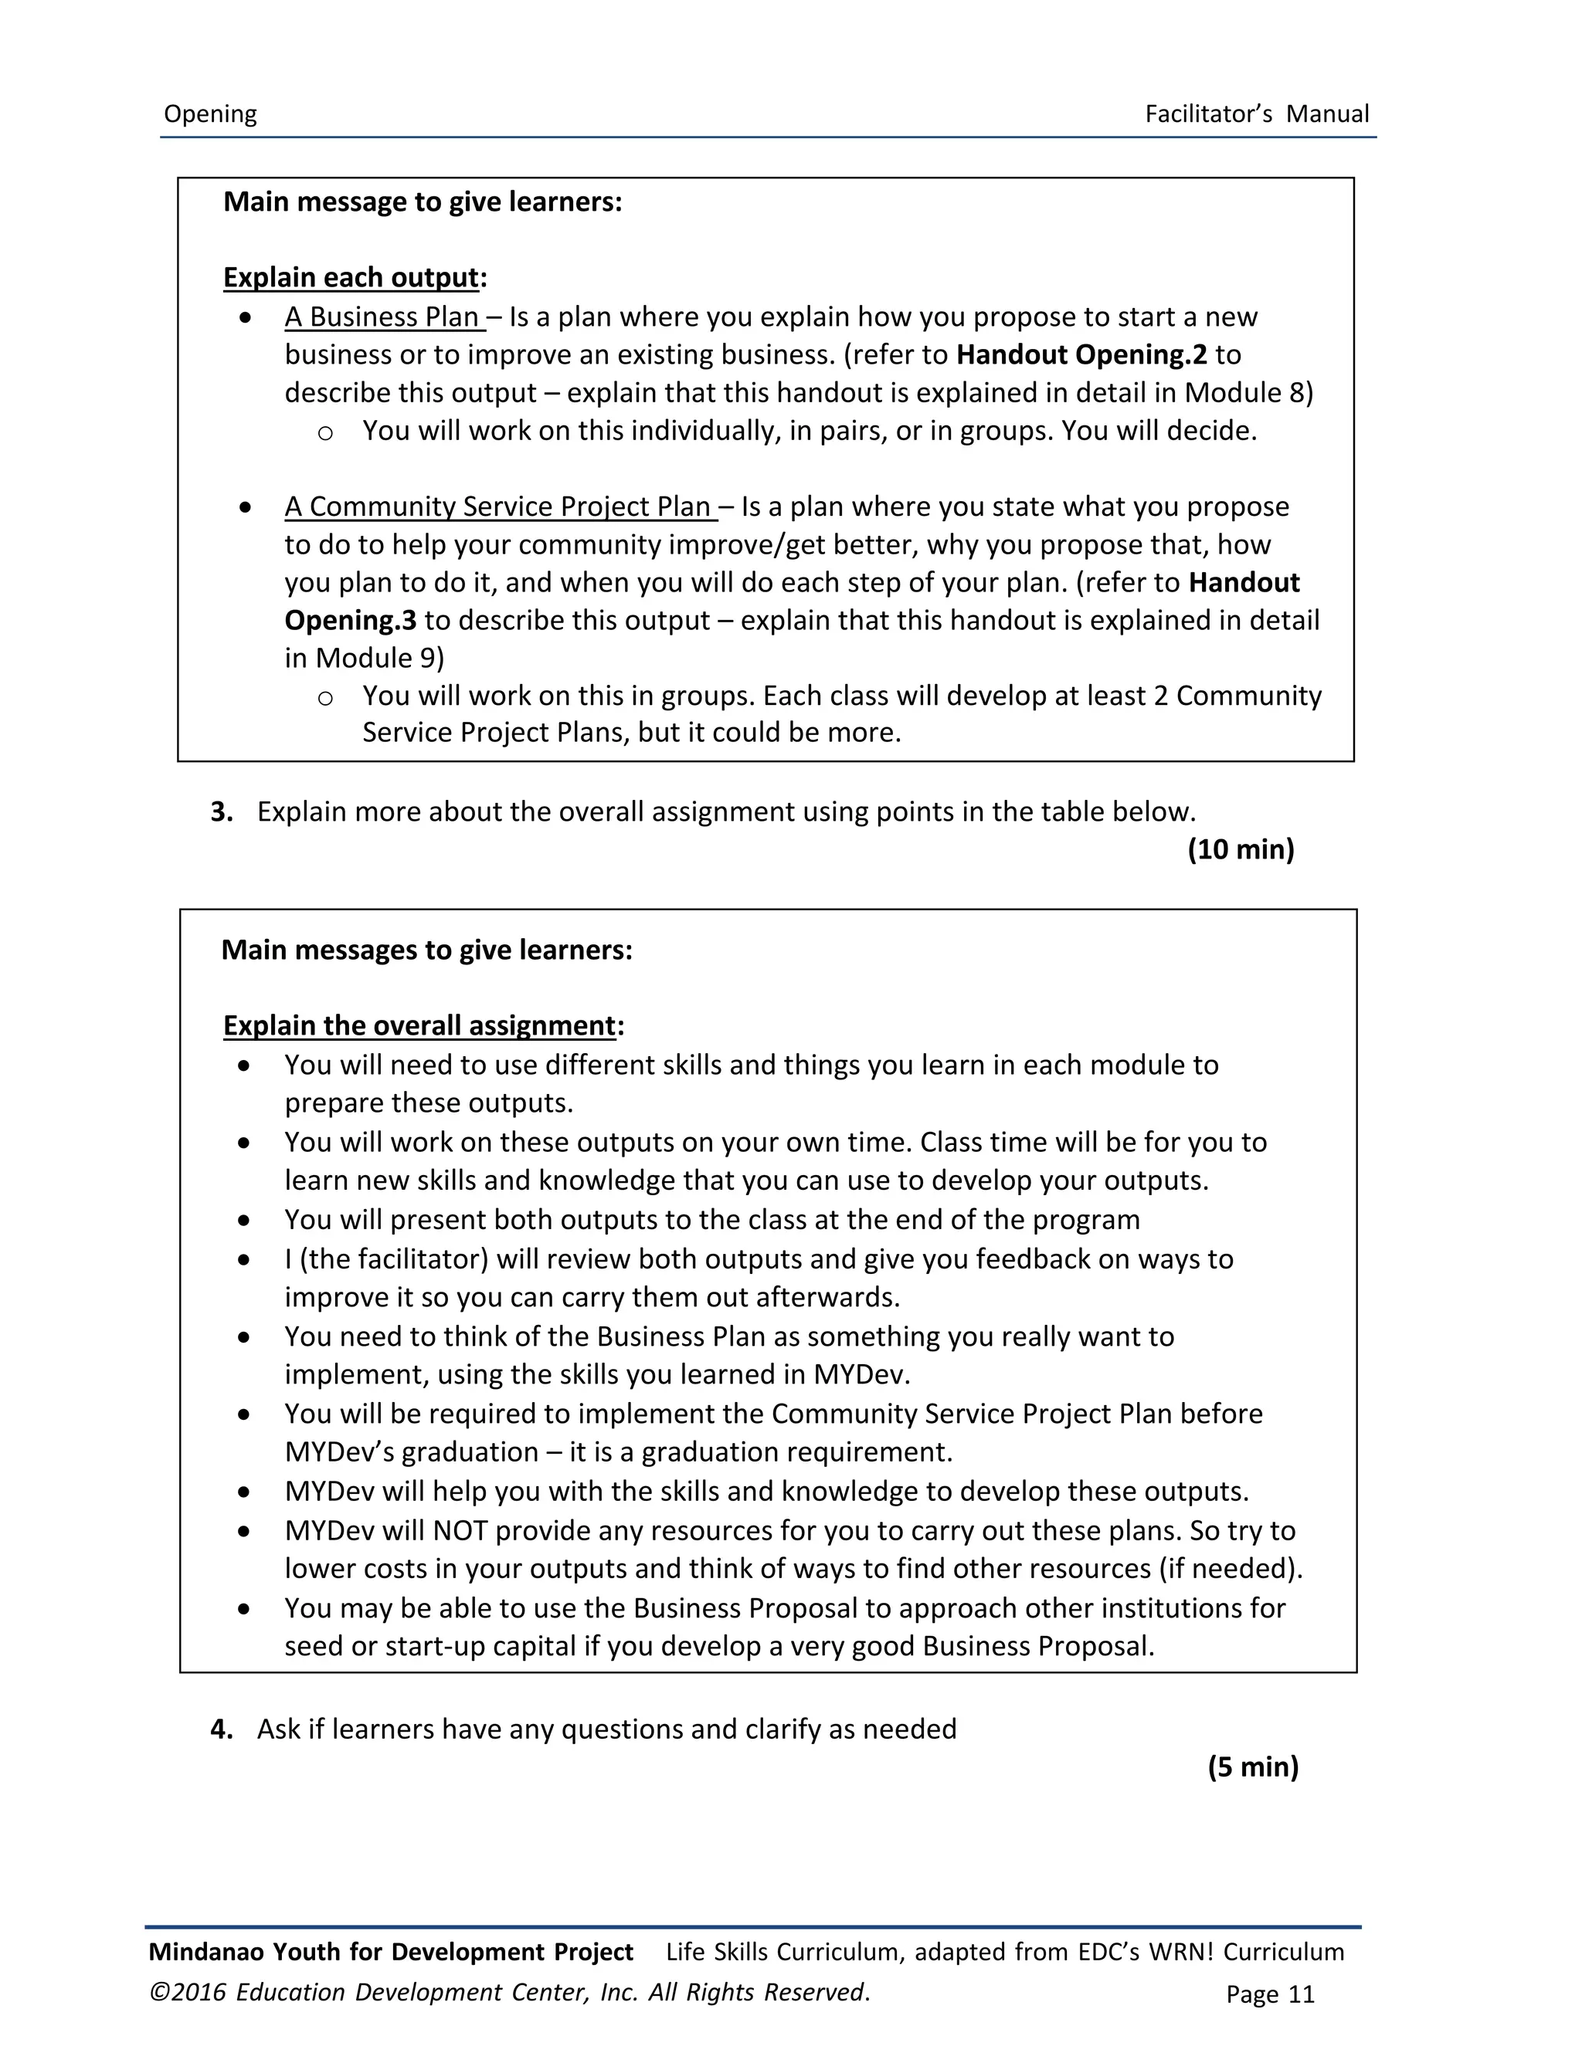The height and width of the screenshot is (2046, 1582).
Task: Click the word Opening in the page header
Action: [210, 114]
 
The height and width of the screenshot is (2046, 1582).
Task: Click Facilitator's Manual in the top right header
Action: [1256, 114]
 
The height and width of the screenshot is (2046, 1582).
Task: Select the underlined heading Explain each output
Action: [351, 277]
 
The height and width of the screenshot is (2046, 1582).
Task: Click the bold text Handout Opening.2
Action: [1081, 355]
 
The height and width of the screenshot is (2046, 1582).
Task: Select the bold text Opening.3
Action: [350, 620]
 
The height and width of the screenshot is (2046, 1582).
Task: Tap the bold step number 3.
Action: [221, 812]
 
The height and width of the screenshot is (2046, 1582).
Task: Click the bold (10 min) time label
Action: [1240, 850]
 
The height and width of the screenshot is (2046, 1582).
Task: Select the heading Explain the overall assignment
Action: [419, 1026]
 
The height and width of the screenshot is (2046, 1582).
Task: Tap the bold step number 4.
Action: [221, 1729]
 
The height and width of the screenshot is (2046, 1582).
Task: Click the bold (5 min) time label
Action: [1252, 1767]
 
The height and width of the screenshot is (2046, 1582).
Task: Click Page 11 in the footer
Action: [1269, 1993]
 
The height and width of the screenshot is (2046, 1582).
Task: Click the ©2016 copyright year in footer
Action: [188, 1992]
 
